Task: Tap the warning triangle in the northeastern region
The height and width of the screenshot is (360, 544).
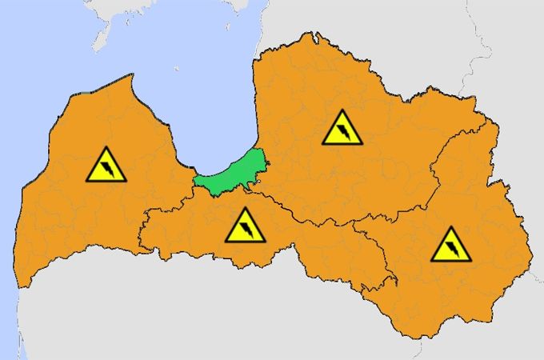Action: (342, 128)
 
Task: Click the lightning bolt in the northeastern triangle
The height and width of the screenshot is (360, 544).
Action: (343, 131)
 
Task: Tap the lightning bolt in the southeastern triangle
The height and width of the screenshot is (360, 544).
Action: (452, 248)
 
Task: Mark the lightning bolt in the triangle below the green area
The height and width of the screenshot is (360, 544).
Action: (246, 229)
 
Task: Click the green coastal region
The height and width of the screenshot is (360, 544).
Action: (232, 173)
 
